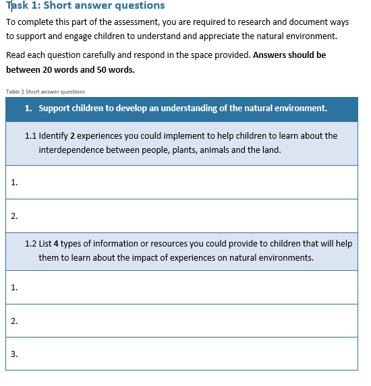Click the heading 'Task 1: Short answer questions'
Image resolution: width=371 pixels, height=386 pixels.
tap(85, 6)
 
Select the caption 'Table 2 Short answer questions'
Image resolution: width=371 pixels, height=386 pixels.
tap(45, 92)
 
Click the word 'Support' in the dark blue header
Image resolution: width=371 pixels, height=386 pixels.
tap(55, 108)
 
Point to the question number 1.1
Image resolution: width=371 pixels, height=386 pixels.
tap(30, 135)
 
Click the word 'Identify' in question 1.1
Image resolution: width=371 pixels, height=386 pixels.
tap(54, 135)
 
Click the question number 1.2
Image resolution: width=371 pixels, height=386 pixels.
tap(30, 243)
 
